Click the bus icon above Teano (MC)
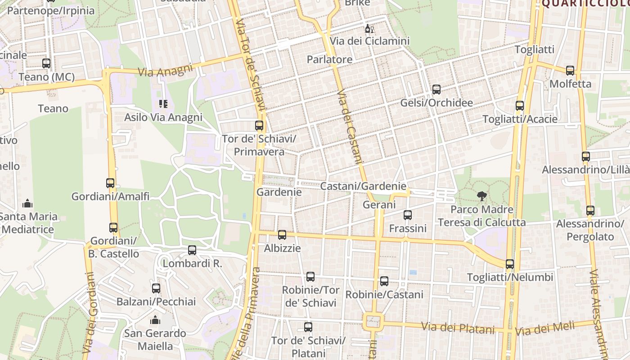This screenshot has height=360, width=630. click(x=46, y=63)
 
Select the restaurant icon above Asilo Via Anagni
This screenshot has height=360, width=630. click(x=163, y=104)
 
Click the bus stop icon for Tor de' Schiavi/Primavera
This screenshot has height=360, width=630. click(x=259, y=126)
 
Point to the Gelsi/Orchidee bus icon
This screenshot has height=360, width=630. click(x=436, y=90)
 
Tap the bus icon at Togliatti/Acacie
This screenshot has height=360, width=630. click(x=520, y=106)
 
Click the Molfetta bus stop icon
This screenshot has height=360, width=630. click(x=570, y=71)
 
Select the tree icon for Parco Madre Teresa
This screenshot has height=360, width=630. click(x=482, y=196)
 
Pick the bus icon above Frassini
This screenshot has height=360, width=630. click(x=408, y=215)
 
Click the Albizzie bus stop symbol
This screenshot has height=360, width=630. click(x=282, y=234)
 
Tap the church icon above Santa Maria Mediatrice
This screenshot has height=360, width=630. click(x=27, y=203)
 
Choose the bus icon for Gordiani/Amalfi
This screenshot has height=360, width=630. click(x=110, y=183)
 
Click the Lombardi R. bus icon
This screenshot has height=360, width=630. click(x=192, y=250)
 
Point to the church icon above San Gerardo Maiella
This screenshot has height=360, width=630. click(x=155, y=320)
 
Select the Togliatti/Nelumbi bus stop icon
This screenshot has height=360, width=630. click(x=510, y=264)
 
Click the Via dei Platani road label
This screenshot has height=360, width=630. click(x=458, y=328)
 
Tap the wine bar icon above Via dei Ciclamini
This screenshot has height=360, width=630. click(x=369, y=28)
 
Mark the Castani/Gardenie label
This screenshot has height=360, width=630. click(x=363, y=186)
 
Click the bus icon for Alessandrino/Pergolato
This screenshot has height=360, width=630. click(x=590, y=211)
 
